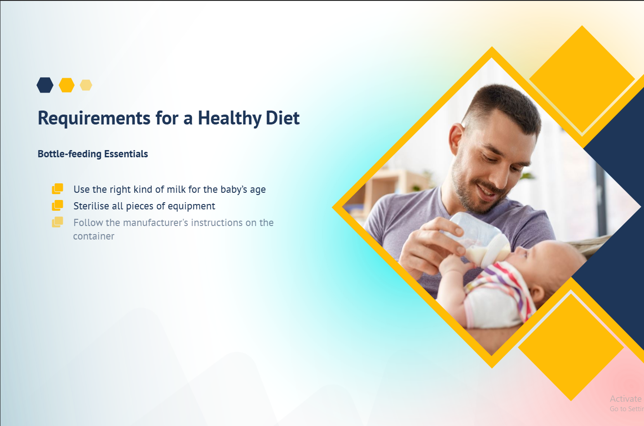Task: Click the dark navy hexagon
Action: click(45, 85)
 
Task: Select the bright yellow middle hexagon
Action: click(67, 85)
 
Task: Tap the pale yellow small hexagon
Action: click(86, 85)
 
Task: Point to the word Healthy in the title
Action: click(230, 118)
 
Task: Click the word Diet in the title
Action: click(282, 118)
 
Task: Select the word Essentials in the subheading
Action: click(126, 154)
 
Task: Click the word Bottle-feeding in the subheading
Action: click(70, 154)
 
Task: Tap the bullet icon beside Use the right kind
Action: click(57, 189)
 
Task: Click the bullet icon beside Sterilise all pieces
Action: click(57, 205)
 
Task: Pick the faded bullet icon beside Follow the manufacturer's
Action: click(57, 222)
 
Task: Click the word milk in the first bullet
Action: click(176, 190)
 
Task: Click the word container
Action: click(94, 236)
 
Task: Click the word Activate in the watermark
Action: click(626, 399)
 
